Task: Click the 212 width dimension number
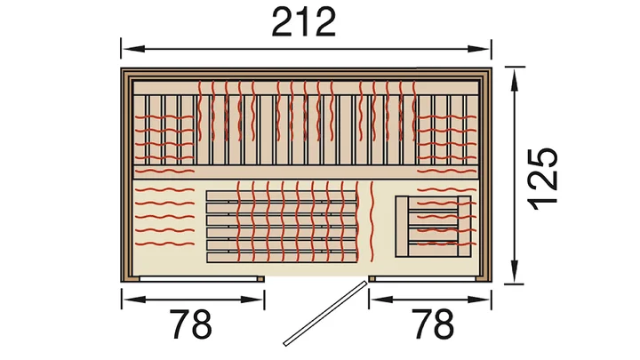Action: (304, 22)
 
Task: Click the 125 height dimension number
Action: (543, 178)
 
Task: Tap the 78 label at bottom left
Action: (190, 324)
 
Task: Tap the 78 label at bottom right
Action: (432, 324)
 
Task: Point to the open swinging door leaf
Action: (325, 313)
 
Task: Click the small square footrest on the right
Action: (433, 226)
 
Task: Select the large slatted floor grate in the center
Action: (282, 227)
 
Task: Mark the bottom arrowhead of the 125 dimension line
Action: (515, 270)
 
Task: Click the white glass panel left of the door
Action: (199, 279)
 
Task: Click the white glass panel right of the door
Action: (425, 279)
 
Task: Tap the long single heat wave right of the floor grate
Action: (372, 221)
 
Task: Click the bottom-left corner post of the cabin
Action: (125, 278)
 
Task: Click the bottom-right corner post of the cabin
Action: (484, 278)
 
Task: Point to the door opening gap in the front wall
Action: (316, 278)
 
